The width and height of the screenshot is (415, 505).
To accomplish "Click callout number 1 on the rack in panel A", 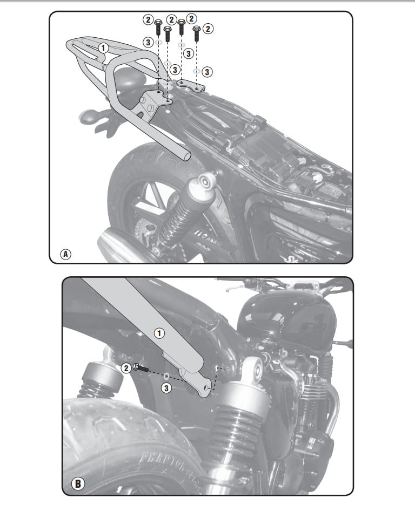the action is pos(103,49).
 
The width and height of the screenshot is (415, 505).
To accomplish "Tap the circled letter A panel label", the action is pos(65,254).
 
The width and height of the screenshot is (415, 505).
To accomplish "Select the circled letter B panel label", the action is pos(78,483).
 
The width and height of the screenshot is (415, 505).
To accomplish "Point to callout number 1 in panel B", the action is pos(159,333).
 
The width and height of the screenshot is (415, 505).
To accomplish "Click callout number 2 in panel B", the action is pos(126,368).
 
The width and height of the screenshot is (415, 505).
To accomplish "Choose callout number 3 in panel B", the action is pos(166,388).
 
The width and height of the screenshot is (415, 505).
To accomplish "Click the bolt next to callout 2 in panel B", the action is pos(139,367).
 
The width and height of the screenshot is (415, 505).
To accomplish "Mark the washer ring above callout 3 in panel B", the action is pos(166,376).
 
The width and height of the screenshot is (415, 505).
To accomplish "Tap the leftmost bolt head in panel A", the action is pos(158,23).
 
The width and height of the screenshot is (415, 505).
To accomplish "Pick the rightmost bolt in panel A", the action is pos(196,34).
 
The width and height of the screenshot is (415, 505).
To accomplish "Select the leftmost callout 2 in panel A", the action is pos(148,19).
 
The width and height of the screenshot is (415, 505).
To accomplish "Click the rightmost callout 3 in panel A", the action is pos(207,72).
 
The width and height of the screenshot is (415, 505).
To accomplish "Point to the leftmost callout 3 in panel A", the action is pos(148,42).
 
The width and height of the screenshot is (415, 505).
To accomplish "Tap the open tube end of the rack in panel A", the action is pos(186,156).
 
